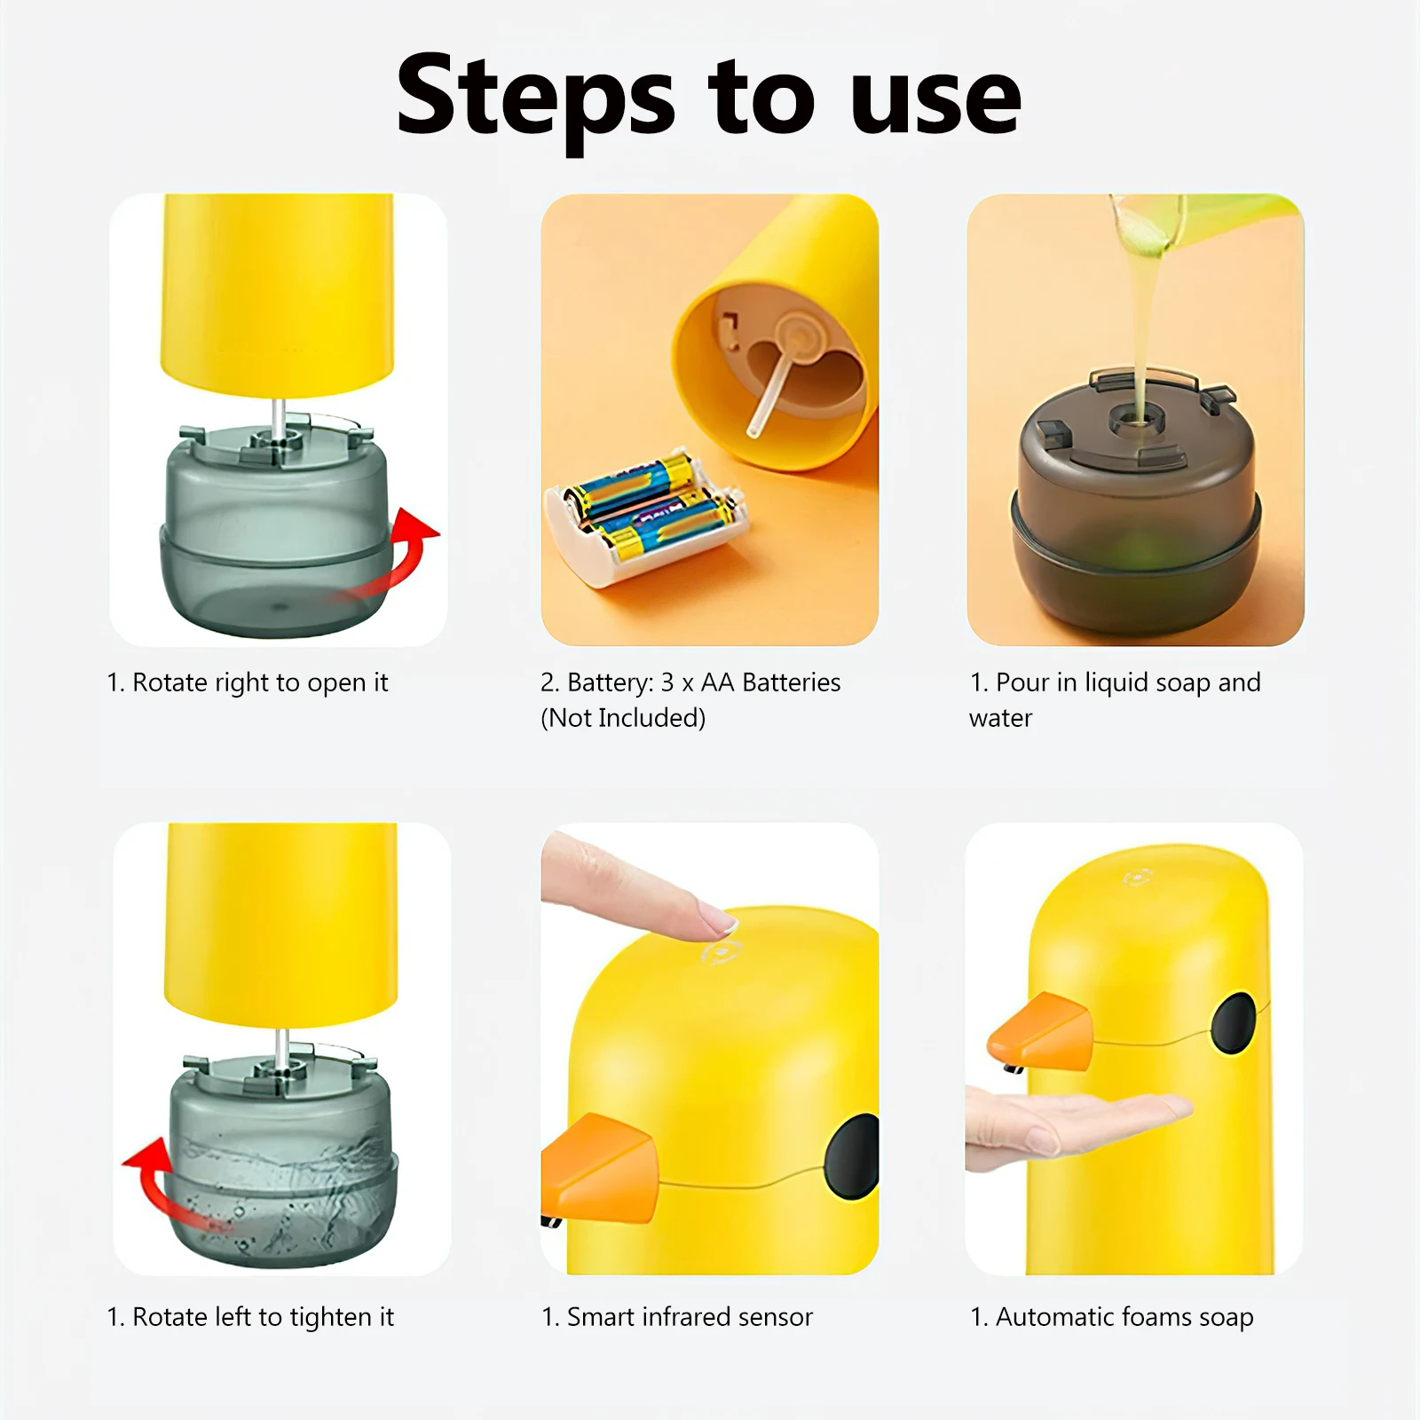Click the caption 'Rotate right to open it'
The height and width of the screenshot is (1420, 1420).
248,682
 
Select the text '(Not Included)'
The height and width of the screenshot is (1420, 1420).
623,718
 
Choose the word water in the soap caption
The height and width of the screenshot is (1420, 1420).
1000,718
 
